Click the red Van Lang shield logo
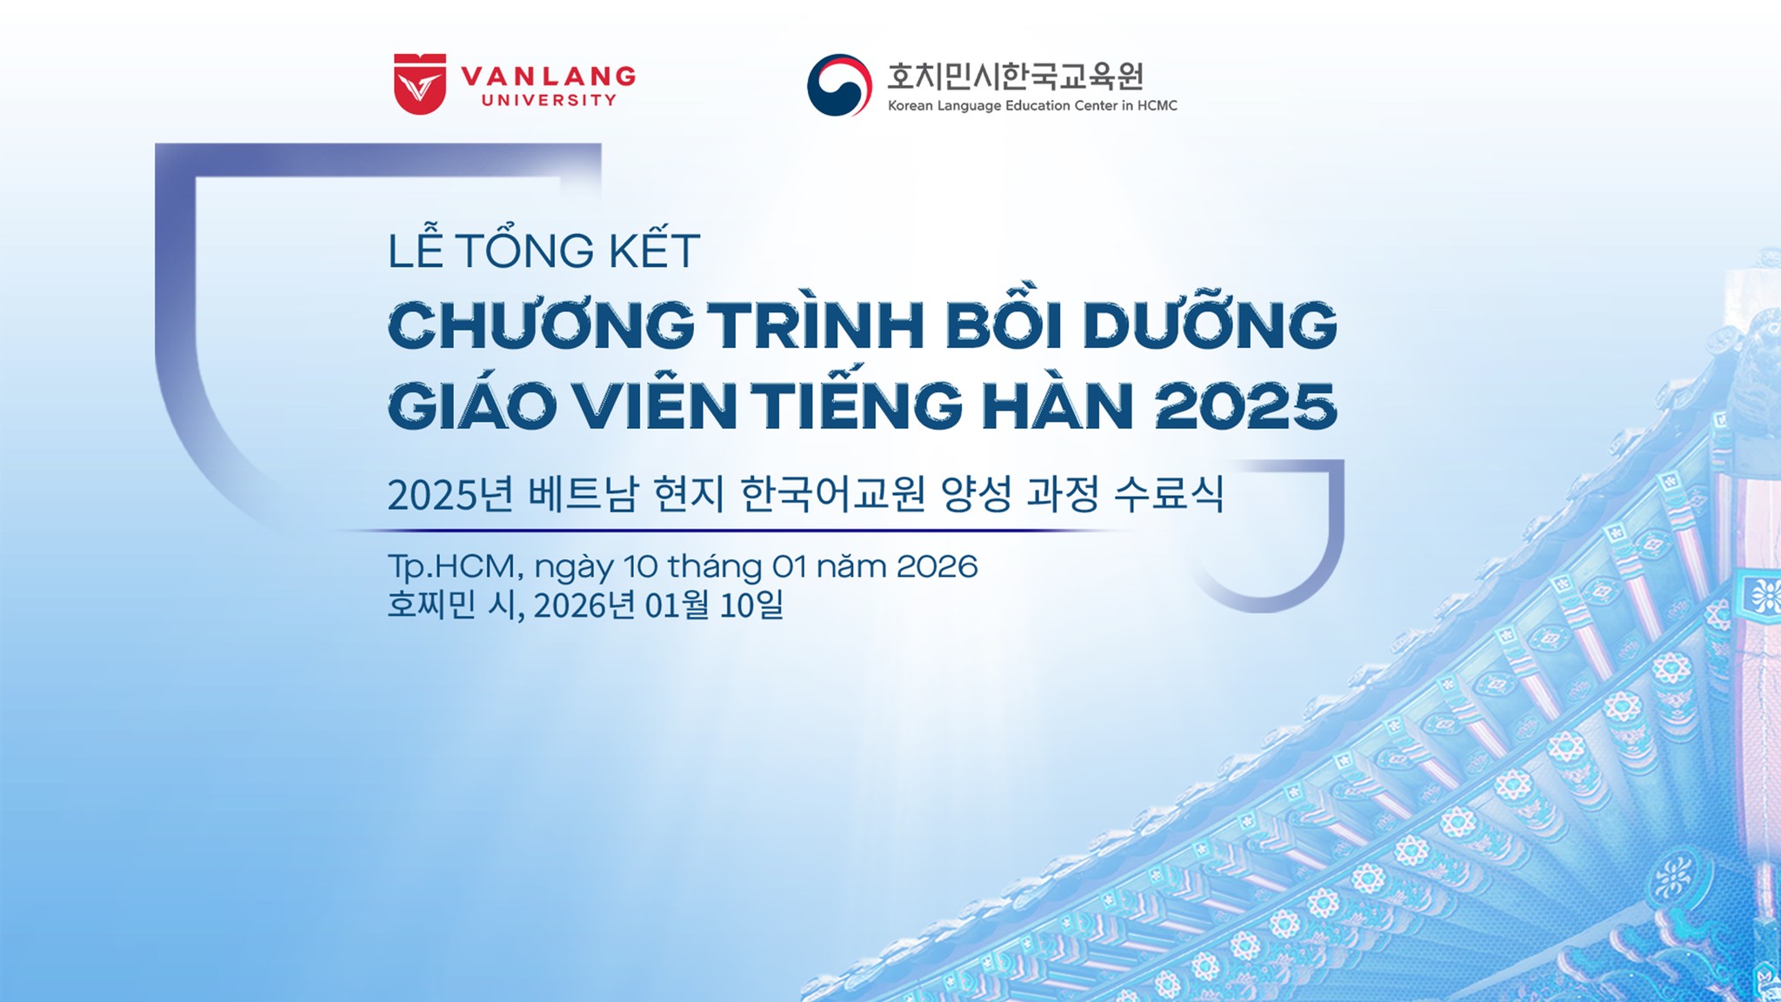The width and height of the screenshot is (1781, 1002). point(420,83)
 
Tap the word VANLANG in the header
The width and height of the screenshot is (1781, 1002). point(548,76)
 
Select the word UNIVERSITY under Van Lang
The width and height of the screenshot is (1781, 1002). point(549,100)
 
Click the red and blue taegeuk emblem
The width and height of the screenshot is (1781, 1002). point(839,84)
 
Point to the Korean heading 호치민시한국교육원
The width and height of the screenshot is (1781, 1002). point(1015,77)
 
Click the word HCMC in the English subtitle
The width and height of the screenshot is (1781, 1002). point(1157,105)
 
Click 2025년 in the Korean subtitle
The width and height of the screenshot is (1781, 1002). point(450,494)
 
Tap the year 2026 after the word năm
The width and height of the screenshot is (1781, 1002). point(937,566)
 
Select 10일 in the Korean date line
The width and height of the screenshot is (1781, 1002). point(751,605)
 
